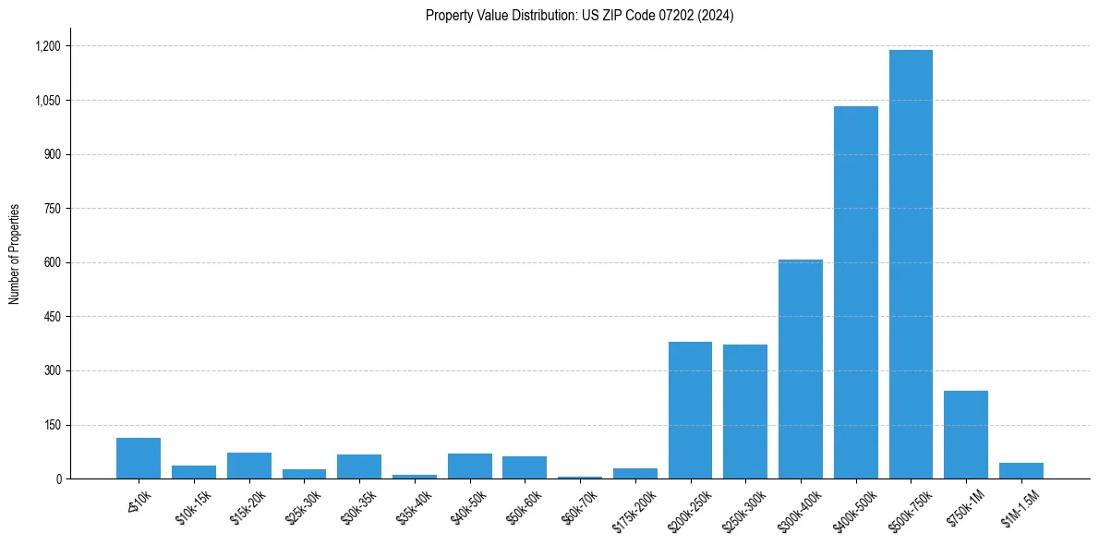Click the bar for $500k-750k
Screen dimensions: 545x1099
coord(911,264)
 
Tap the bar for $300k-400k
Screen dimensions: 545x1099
coord(801,369)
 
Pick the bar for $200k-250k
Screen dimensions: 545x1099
coord(690,410)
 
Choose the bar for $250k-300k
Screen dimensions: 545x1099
coord(745,412)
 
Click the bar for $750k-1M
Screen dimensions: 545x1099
coord(966,435)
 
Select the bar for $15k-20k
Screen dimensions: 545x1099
coord(249,466)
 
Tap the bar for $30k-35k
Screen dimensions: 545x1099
coord(359,466)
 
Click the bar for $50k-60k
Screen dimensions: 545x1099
coord(525,467)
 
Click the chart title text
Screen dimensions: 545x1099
coord(580,16)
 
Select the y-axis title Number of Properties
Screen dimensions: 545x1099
coord(15,254)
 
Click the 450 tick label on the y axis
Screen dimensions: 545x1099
coord(52,317)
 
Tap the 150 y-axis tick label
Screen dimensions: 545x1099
coord(52,425)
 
